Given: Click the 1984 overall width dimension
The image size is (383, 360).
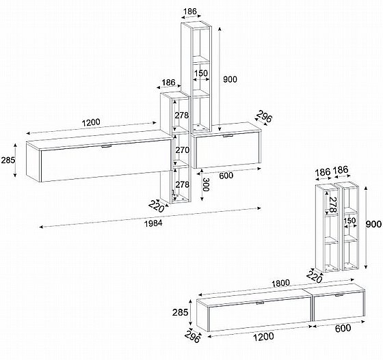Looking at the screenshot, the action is (153, 223).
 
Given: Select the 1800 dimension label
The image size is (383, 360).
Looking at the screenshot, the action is (280, 283).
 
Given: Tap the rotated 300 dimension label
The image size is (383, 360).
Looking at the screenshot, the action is (206, 184).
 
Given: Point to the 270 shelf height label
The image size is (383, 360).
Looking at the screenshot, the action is (182, 150).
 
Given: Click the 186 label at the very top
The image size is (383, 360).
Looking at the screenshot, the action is (190, 11).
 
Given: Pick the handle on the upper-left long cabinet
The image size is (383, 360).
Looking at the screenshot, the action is (106, 146).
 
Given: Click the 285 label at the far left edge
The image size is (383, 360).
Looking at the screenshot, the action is (8, 161).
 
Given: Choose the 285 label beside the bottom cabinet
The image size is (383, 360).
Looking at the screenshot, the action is (181, 312).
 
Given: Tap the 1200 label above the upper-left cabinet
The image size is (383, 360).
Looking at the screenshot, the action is (91, 122).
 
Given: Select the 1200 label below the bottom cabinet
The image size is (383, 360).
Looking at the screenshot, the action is (263, 337).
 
